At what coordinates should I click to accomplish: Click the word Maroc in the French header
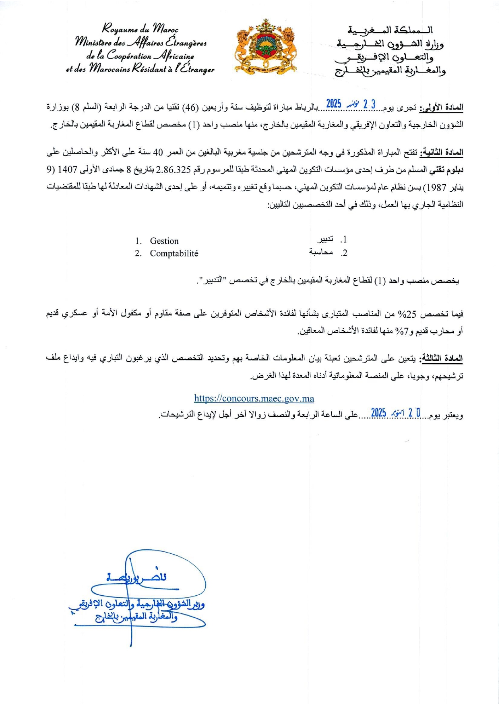coord(165,29)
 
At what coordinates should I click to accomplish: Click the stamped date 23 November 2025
coord(351,104)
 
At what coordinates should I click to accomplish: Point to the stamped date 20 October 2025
coord(396,413)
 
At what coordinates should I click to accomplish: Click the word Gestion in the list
coord(164,241)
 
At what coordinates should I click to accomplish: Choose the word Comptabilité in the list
coord(174,253)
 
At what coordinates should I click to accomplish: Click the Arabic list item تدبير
coord(325,239)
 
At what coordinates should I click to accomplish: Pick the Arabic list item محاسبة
coord(321,253)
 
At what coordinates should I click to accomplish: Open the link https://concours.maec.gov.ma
coord(254,398)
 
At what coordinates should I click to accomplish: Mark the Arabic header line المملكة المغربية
coord(390,30)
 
